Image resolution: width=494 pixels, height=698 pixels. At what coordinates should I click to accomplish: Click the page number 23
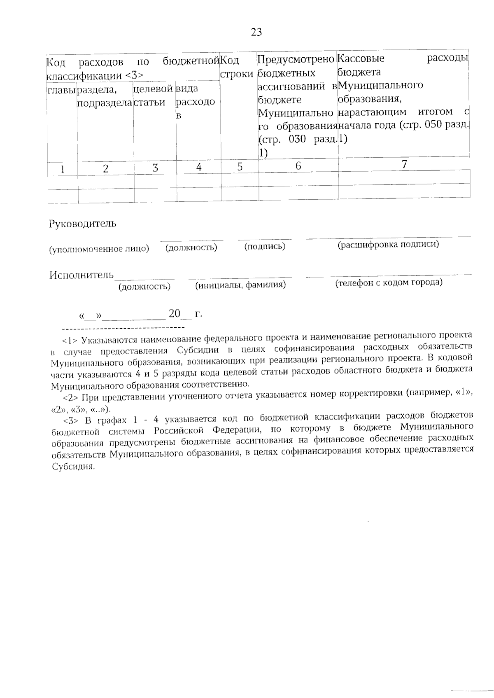coord(256,33)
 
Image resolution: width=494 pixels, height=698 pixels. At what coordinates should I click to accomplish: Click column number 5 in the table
coord(240,167)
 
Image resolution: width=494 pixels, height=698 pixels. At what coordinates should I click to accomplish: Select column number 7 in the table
coord(404,164)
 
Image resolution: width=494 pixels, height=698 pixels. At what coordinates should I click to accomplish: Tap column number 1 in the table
coord(63,168)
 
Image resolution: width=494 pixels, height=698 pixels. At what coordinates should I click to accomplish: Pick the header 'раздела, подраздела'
coord(105,96)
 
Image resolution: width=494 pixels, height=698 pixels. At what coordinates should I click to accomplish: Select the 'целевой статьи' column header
coord(153,95)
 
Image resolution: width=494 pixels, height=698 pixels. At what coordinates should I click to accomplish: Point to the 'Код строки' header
coord(236,67)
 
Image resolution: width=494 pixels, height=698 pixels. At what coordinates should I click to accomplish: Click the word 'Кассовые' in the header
coord(361,58)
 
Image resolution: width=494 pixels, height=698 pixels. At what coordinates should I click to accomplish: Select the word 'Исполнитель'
coord(81,275)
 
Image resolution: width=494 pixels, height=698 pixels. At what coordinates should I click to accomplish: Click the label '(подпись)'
coord(265,246)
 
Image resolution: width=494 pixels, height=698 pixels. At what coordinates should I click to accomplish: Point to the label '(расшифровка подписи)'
coord(388,245)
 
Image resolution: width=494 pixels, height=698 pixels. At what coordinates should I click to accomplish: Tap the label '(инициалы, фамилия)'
coord(240,285)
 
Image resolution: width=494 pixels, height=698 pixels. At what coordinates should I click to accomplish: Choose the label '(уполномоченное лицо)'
coord(99,249)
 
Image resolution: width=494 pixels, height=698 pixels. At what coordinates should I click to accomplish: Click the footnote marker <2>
coord(70,398)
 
